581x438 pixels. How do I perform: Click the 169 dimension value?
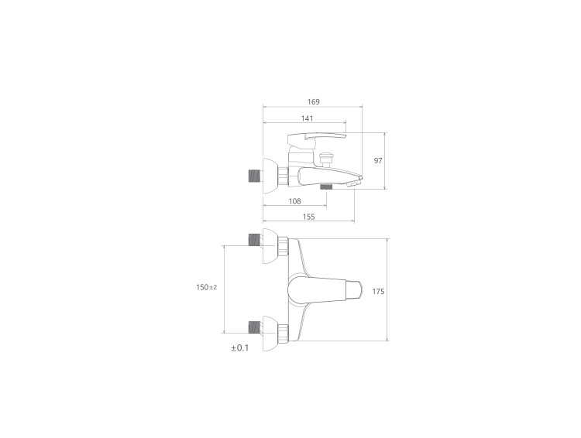pyautogui.click(x=313, y=102)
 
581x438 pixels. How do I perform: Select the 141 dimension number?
pyautogui.click(x=308, y=118)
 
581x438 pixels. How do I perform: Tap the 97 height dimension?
pyautogui.click(x=378, y=161)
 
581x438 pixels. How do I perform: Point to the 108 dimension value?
pyautogui.click(x=294, y=201)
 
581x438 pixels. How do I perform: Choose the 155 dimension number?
pyautogui.click(x=308, y=217)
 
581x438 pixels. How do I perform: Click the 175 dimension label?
pyautogui.click(x=378, y=292)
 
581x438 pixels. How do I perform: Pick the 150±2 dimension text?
pyautogui.click(x=207, y=287)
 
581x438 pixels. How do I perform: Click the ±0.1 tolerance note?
pyautogui.click(x=240, y=348)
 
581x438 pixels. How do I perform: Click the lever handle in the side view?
pyautogui.click(x=317, y=139)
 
